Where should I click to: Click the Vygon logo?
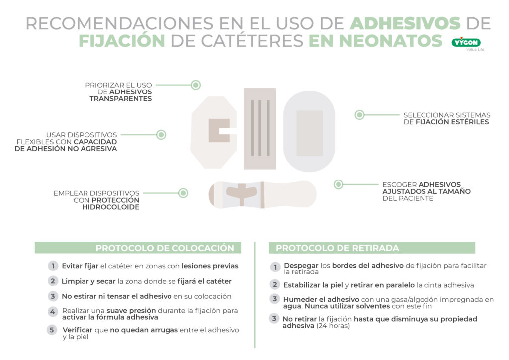(466, 43)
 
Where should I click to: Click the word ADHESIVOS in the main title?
(405, 23)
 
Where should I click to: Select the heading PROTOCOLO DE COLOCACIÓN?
(165, 248)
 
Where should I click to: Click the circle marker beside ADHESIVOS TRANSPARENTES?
(196, 85)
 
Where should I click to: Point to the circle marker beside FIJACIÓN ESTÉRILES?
(359, 115)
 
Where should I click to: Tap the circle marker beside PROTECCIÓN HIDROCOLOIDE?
(183, 193)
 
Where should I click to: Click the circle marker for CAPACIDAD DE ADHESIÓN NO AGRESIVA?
(161, 135)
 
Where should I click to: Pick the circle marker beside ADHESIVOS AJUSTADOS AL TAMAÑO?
(339, 184)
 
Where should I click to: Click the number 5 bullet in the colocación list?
(52, 330)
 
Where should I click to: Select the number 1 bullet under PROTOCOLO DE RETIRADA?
(275, 268)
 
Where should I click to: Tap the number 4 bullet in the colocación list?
(52, 312)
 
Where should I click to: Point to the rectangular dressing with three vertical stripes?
(259, 128)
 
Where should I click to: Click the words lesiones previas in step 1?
(210, 266)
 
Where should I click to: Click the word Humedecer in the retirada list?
(303, 299)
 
